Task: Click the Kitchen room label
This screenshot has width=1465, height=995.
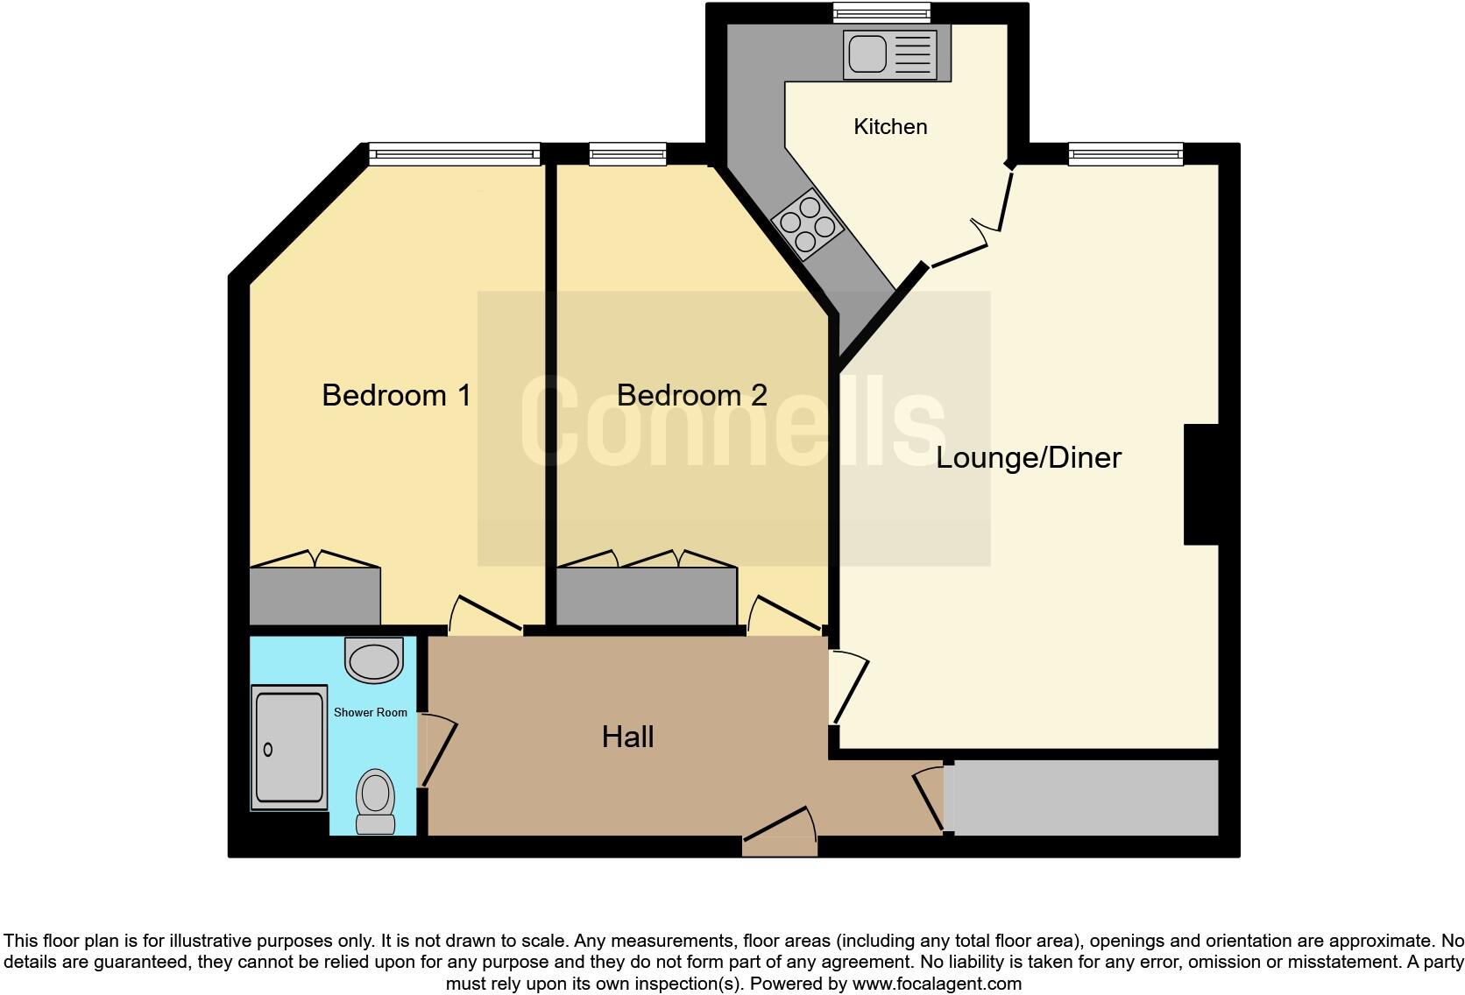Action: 890,127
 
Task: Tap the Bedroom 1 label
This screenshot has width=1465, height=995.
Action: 396,395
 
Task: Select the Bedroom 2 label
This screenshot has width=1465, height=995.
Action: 691,395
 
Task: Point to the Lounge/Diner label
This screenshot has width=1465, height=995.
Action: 1028,457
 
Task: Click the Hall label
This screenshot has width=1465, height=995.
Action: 627,737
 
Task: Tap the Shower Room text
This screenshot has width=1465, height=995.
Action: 370,712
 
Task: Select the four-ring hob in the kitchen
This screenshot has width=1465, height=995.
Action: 808,223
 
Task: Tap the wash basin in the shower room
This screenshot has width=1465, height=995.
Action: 374,660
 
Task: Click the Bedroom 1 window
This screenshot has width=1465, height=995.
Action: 454,155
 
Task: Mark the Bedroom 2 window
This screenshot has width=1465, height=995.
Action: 627,155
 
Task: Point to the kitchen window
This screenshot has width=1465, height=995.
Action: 881,12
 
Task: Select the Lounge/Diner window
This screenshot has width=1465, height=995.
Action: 1125,155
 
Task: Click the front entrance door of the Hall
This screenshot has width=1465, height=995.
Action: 780,845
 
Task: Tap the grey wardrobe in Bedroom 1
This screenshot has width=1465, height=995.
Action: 315,596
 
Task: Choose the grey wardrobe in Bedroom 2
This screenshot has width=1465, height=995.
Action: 647,596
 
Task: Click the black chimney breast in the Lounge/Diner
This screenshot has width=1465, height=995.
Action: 1201,484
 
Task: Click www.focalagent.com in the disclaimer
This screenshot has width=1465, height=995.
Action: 936,984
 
